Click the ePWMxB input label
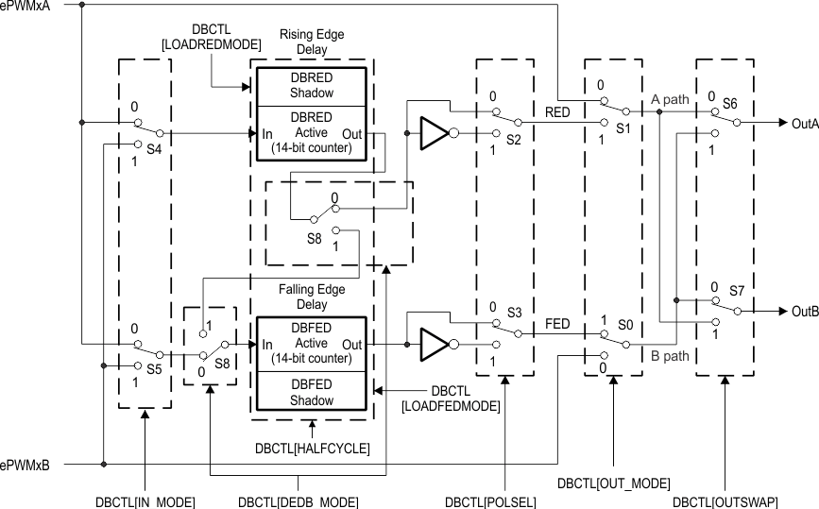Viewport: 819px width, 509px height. tap(26, 466)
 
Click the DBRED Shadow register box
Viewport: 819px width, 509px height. tap(307, 86)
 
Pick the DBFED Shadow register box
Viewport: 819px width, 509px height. tap(307, 393)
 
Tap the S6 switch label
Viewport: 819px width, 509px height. tap(730, 103)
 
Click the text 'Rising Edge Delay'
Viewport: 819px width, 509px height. tap(312, 42)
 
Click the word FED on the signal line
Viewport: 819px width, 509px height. tap(557, 324)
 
